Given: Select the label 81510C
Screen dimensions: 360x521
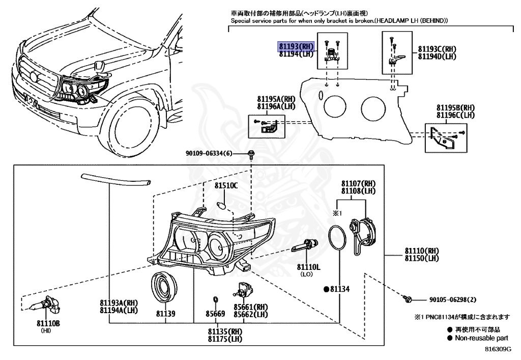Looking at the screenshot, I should (x=226, y=186).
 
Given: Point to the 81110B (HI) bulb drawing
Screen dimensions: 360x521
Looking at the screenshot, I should (x=43, y=306).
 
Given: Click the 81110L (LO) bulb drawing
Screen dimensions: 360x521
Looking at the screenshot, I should (x=306, y=245).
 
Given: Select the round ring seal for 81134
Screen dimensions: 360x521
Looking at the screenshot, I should (x=338, y=239).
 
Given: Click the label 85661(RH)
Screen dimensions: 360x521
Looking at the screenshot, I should (x=251, y=308).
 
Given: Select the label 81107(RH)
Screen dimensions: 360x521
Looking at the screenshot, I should (x=358, y=183).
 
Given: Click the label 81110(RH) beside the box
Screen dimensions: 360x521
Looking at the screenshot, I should (x=422, y=252).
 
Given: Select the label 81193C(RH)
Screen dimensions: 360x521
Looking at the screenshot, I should (x=437, y=49).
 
